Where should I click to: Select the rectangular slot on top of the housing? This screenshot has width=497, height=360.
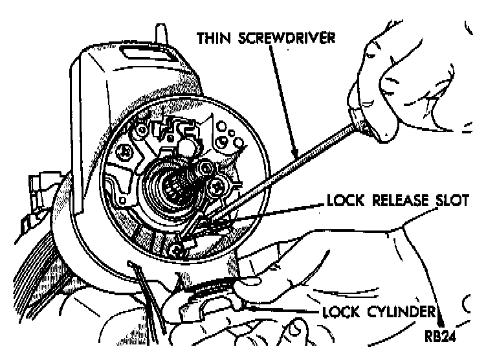[149, 52]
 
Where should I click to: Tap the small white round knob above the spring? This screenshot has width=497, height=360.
[186, 147]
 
